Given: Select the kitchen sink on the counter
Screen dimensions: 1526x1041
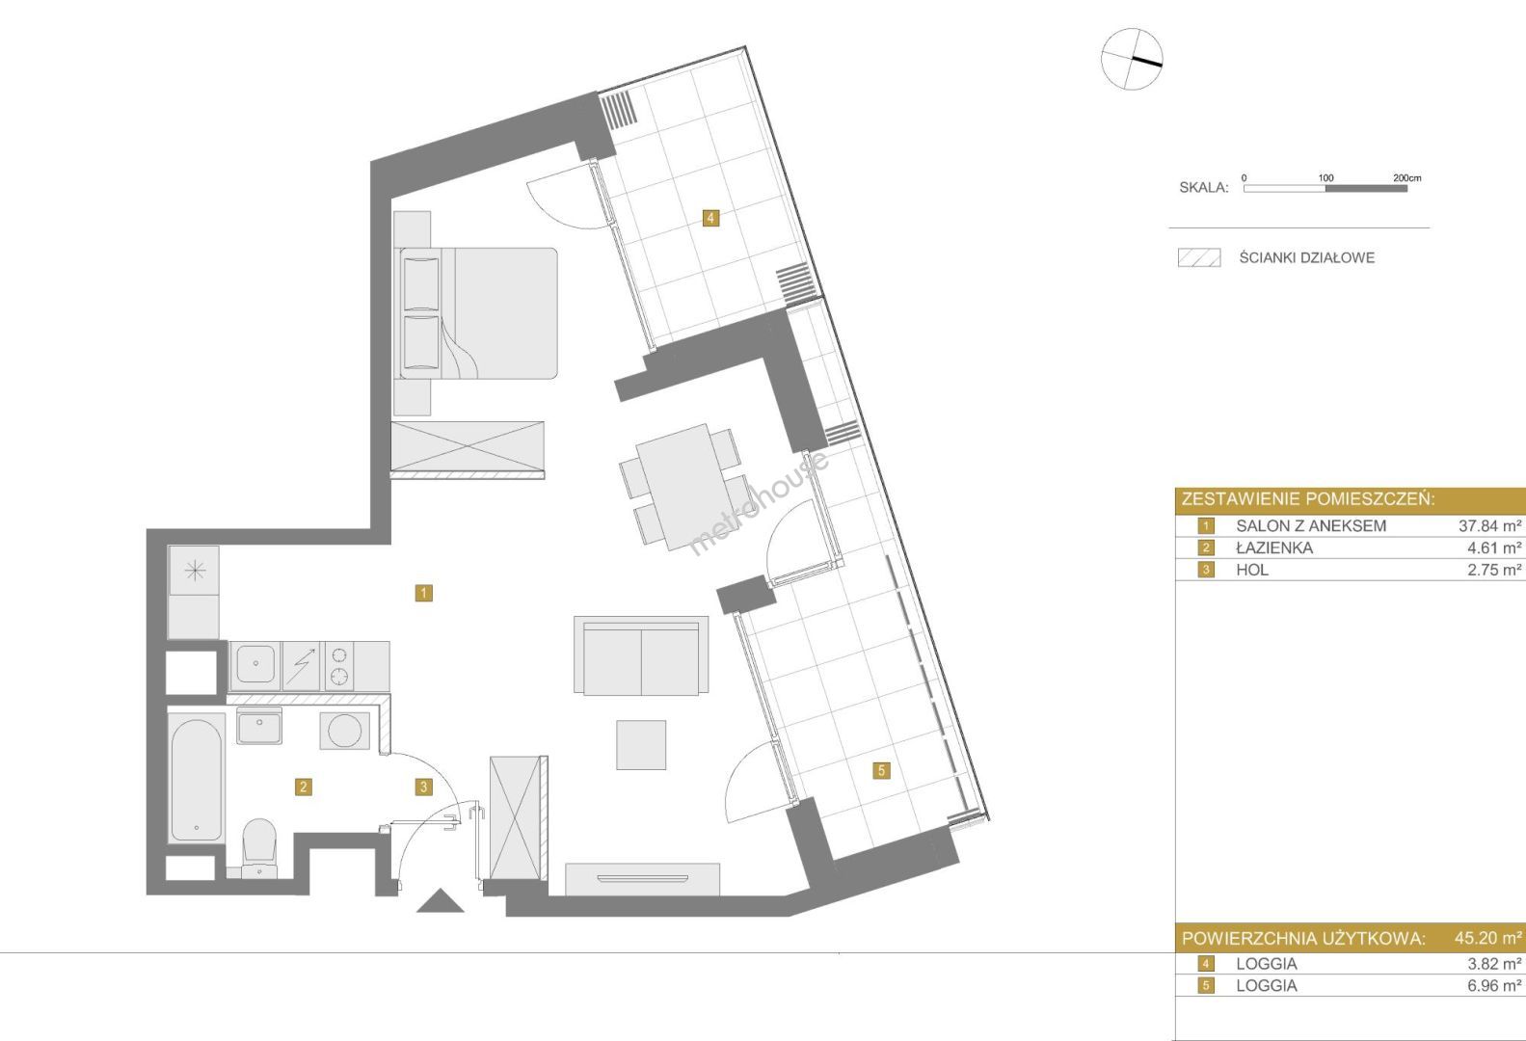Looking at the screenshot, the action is (255, 663).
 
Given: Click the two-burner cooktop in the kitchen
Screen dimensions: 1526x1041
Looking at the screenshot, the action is (339, 666).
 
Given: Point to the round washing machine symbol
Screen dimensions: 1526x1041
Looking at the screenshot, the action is (344, 731).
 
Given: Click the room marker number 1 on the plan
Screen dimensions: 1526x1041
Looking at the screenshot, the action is (423, 593).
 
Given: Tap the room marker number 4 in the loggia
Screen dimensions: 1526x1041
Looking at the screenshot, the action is (710, 218).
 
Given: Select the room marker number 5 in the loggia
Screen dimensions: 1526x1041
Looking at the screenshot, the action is (881, 770).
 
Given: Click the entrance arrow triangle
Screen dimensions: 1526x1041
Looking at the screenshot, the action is (441, 900).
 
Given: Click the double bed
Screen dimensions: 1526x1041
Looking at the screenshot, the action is (478, 312).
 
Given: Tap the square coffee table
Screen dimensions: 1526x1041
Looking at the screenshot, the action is (641, 745).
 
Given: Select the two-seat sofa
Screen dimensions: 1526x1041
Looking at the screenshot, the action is (641, 655).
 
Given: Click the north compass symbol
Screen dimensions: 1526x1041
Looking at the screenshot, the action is (1132, 59).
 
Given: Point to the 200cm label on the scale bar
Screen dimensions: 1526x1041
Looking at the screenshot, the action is (1406, 177).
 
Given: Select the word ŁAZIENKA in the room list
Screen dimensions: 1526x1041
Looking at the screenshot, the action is (1274, 547).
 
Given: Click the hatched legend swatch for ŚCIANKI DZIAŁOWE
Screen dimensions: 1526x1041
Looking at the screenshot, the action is (1199, 257).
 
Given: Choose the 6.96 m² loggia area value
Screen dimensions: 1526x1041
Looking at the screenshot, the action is (1494, 985).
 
